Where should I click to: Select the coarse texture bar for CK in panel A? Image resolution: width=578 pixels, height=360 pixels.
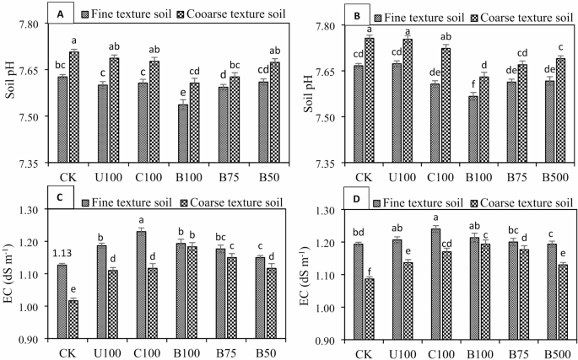[x=74, y=106]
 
